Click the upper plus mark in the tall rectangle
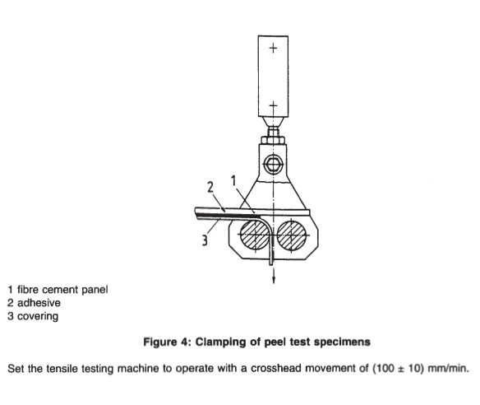pyautogui.click(x=273, y=48)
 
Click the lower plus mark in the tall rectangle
pyautogui.click(x=273, y=105)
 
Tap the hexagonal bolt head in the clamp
pyautogui.click(x=273, y=164)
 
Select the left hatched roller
pyautogui.click(x=255, y=235)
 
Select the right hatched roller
pyautogui.click(x=292, y=235)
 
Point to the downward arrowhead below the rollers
pyautogui.click(x=274, y=280)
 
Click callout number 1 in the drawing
pyautogui.click(x=233, y=181)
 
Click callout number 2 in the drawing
pyautogui.click(x=210, y=188)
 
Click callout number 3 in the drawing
pyautogui.click(x=205, y=240)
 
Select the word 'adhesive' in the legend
pyautogui.click(x=39, y=303)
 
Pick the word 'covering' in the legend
pyautogui.click(x=38, y=316)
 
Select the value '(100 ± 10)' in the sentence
pyautogui.click(x=398, y=368)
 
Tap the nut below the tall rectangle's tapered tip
pyautogui.click(x=273, y=141)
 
